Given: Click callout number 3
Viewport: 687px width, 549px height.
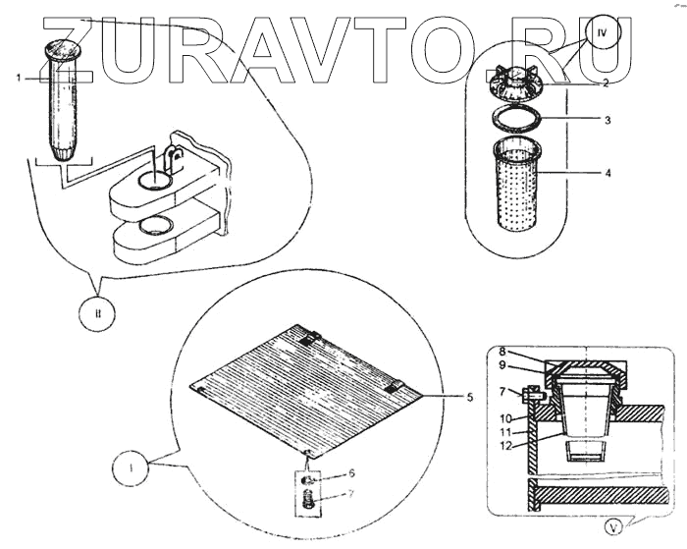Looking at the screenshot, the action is [x=608, y=121].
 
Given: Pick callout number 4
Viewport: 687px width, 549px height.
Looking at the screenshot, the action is [x=608, y=174].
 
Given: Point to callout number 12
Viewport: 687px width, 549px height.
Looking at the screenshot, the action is [x=504, y=445].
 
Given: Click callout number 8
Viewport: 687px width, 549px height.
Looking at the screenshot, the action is [x=502, y=350].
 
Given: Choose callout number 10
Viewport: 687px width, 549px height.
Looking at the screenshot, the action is [x=503, y=417].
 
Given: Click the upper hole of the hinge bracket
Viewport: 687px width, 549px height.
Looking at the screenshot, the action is [x=154, y=180].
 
